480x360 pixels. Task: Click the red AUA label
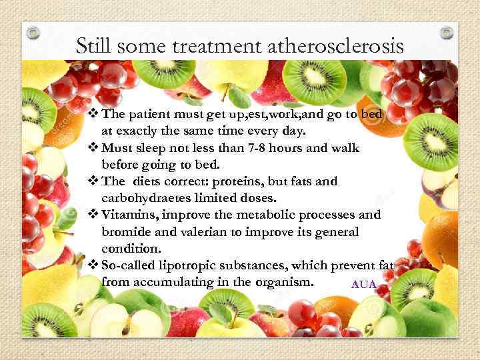tap(364, 285)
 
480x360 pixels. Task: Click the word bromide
tap(124, 231)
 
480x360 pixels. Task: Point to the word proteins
tap(224, 181)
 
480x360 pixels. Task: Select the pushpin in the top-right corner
tap(447, 31)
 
